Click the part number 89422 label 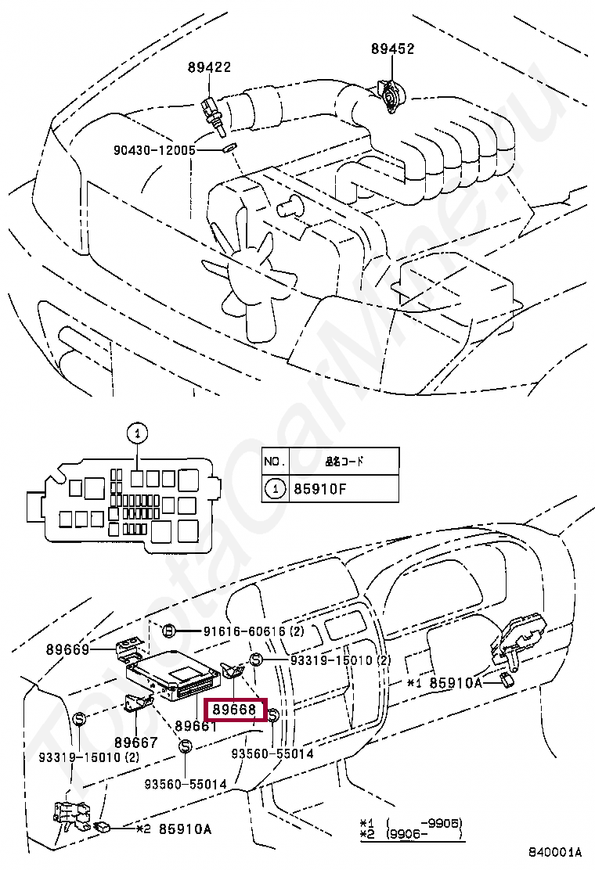click(x=208, y=67)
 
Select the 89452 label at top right click(x=392, y=49)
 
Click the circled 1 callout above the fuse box click(x=136, y=433)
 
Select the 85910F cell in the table click(x=321, y=491)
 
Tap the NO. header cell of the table click(x=274, y=460)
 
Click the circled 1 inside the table click(x=275, y=491)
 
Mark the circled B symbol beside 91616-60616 click(x=168, y=631)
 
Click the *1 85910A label click(x=450, y=682)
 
